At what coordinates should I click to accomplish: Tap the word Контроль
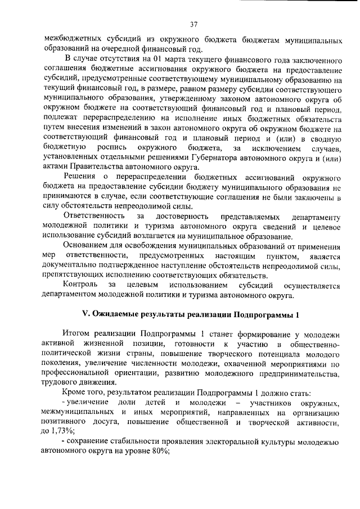click(x=82, y=286)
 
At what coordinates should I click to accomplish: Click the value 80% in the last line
click(x=161, y=452)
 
